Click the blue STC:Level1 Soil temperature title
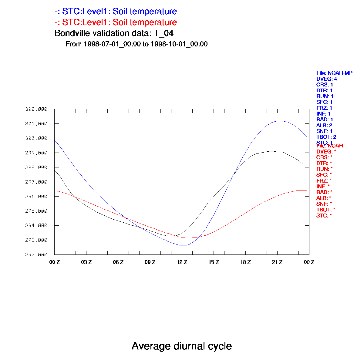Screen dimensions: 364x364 point(116,12)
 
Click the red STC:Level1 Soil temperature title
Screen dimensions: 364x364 point(116,22)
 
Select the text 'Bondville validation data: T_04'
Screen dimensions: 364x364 point(114,33)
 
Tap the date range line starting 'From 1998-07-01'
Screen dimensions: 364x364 point(136,44)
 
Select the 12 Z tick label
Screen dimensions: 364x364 point(182,262)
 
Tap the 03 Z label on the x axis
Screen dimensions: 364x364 point(86,262)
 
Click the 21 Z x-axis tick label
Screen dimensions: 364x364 point(277,262)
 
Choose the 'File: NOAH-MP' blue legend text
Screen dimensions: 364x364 point(334,73)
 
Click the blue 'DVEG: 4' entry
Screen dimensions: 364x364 point(327,79)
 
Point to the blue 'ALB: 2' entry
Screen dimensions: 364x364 point(324,125)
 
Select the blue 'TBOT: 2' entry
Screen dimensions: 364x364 point(326,137)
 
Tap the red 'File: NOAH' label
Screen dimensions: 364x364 point(330,146)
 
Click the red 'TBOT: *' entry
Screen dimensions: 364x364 point(326,210)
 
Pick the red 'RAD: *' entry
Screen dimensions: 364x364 point(324,192)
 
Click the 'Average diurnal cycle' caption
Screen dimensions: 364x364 point(182,346)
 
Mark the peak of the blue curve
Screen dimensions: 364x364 point(279,121)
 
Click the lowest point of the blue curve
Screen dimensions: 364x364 point(183,245)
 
